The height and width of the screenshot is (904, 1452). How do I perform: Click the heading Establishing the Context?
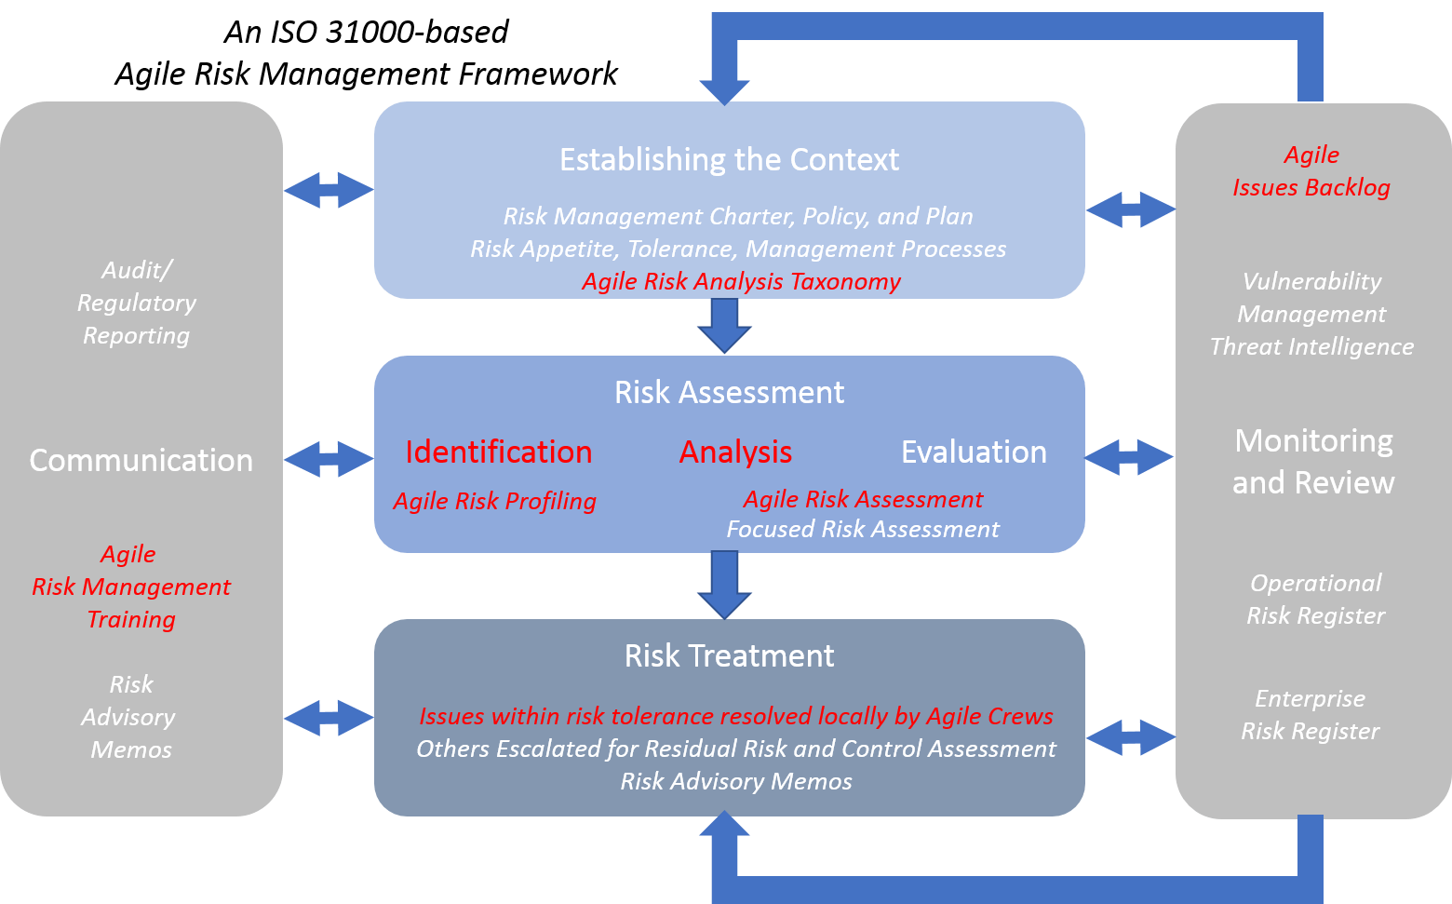pyautogui.click(x=729, y=160)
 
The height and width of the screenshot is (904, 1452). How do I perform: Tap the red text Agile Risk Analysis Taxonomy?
pyautogui.click(x=741, y=281)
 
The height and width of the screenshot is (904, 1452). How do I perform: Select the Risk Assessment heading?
pyautogui.click(x=729, y=392)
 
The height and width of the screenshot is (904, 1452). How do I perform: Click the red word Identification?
pyautogui.click(x=498, y=452)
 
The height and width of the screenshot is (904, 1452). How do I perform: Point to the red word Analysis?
pyautogui.click(x=735, y=452)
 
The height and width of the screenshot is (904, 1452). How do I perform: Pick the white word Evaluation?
pyautogui.click(x=974, y=452)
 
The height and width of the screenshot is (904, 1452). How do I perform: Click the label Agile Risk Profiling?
pyautogui.click(x=494, y=501)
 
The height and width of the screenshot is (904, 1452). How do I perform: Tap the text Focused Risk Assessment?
pyautogui.click(x=862, y=529)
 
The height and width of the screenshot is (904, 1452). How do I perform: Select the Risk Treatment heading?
pyautogui.click(x=729, y=655)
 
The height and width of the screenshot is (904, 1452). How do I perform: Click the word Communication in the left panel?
pyautogui.click(x=141, y=460)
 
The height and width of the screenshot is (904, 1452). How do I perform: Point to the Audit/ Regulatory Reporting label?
pyautogui.click(x=136, y=303)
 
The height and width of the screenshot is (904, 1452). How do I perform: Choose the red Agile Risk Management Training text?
pyautogui.click(x=131, y=587)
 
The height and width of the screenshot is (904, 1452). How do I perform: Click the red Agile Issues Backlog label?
pyautogui.click(x=1311, y=171)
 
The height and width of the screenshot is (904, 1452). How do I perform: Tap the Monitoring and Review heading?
pyautogui.click(x=1313, y=461)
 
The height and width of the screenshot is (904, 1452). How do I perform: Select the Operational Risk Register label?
pyautogui.click(x=1315, y=599)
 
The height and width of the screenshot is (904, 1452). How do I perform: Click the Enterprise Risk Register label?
pyautogui.click(x=1310, y=714)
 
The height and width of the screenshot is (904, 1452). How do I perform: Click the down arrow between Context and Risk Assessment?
pyautogui.click(x=724, y=326)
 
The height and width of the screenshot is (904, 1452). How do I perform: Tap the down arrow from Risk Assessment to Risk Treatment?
pyautogui.click(x=724, y=585)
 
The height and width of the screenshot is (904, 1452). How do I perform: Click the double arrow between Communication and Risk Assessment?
pyautogui.click(x=328, y=459)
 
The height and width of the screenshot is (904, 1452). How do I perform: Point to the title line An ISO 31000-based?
pyautogui.click(x=366, y=32)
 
